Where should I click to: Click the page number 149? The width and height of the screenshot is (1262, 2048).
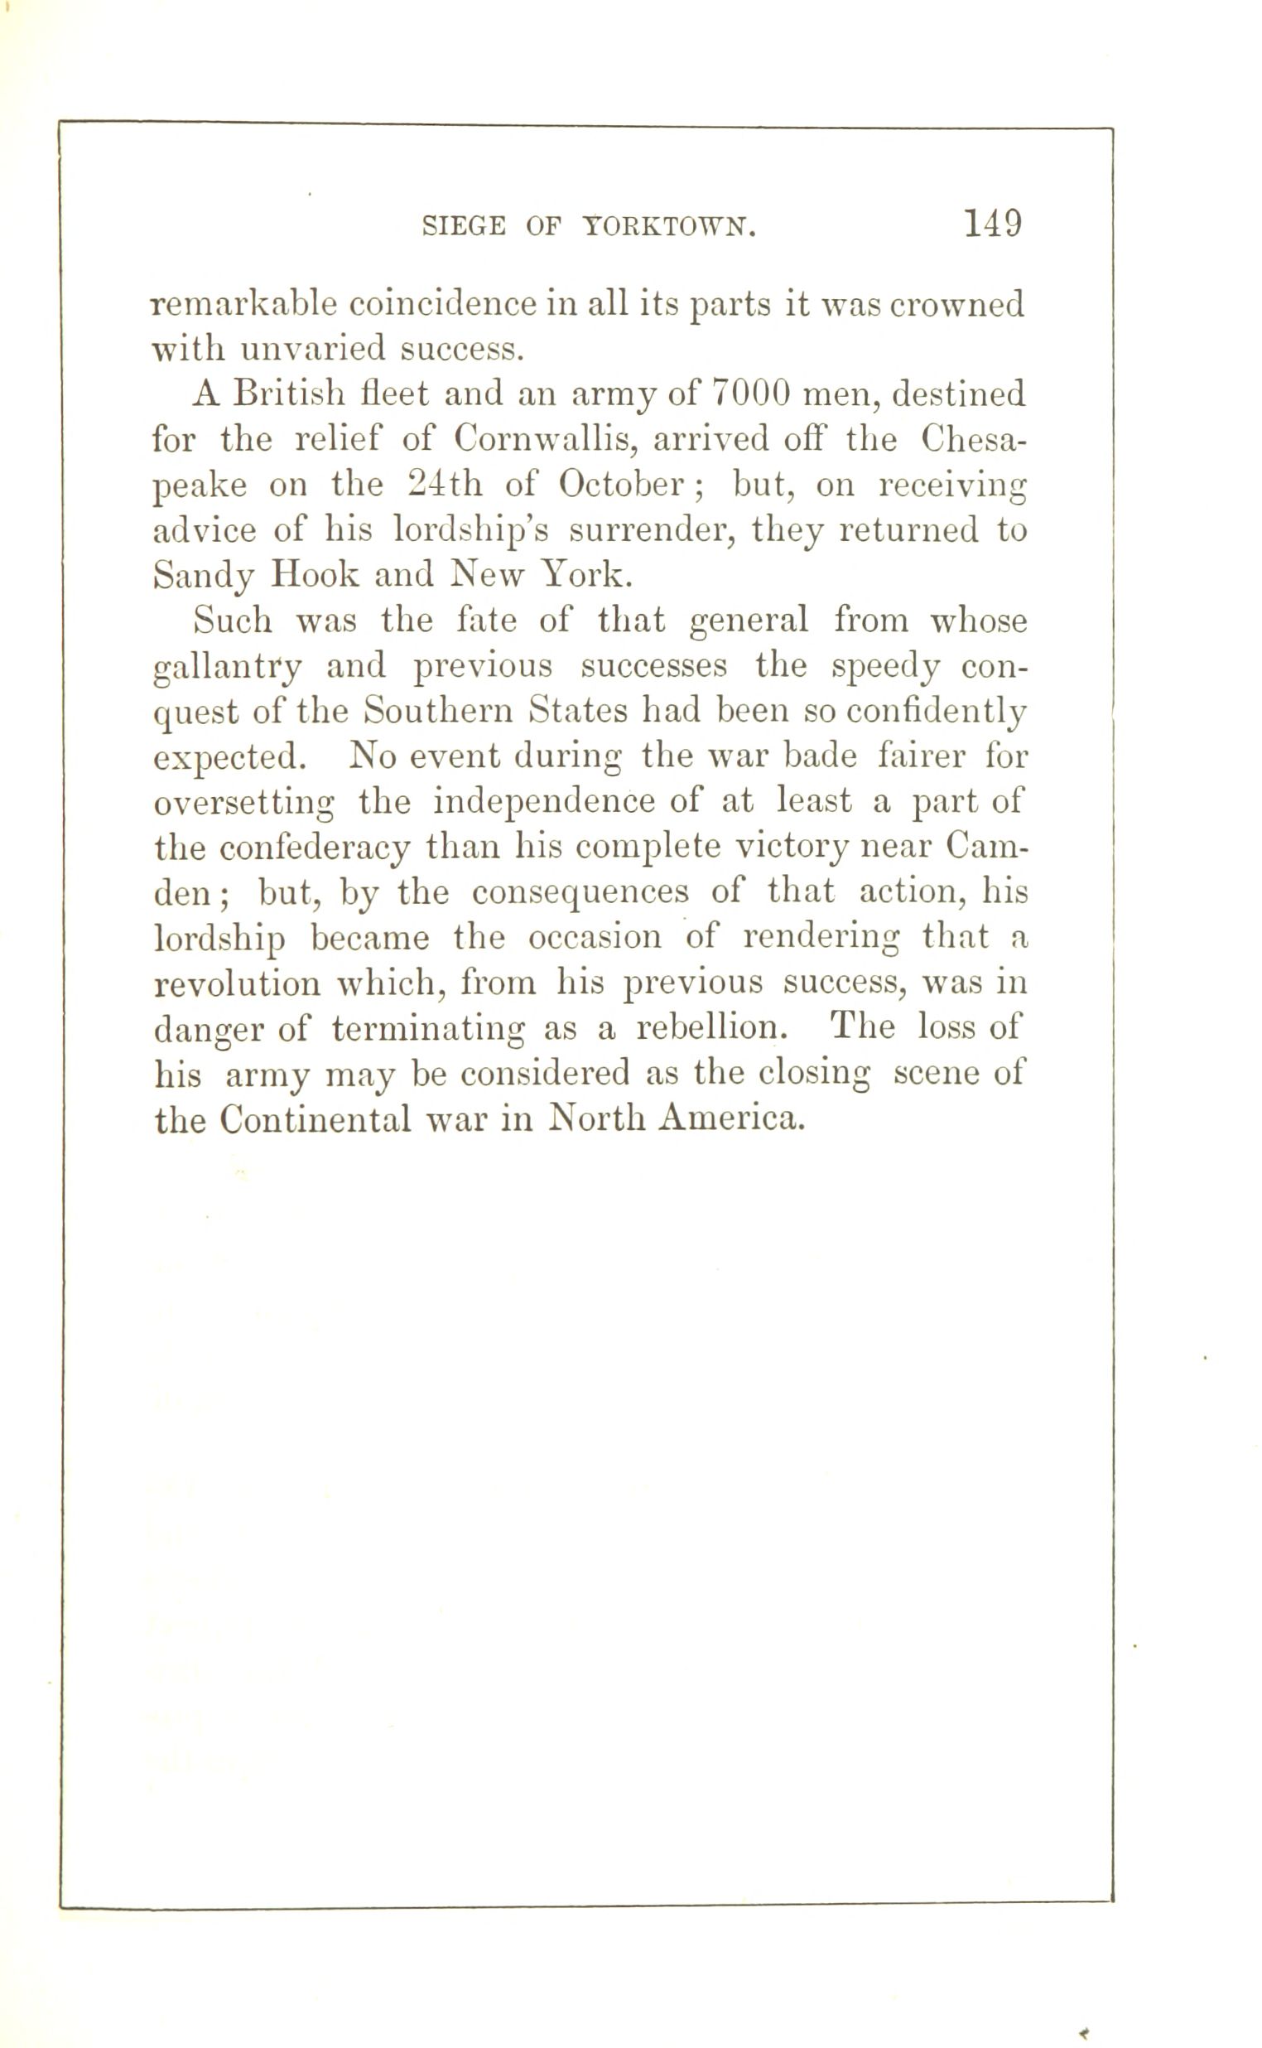[992, 224]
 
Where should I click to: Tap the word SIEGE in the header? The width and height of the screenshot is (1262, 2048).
[463, 226]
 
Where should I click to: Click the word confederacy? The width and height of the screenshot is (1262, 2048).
[315, 848]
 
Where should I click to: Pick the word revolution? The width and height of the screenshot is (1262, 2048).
[237, 983]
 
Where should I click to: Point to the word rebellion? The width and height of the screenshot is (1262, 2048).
[711, 1027]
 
